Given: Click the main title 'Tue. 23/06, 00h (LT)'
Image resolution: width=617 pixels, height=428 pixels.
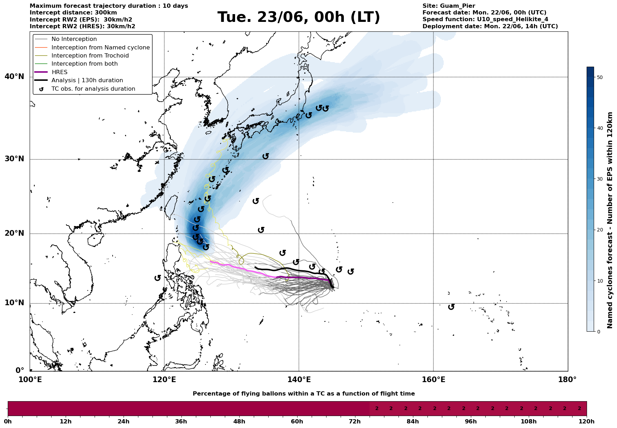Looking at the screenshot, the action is tap(299, 17).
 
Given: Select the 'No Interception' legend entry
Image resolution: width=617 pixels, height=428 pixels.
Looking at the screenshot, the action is tap(74, 39).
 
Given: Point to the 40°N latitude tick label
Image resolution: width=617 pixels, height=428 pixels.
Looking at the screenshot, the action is tap(14, 77).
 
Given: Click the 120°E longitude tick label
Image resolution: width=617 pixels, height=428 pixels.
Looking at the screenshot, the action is tap(164, 380).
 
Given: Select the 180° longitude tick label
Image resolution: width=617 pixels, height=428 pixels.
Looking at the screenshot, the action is tap(568, 380).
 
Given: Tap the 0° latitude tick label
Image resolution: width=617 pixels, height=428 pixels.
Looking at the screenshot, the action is tap(20, 370).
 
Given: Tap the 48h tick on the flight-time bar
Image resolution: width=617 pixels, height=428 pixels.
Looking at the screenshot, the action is tap(239, 422).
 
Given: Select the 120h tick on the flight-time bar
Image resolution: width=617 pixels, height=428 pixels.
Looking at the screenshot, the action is tap(587, 422).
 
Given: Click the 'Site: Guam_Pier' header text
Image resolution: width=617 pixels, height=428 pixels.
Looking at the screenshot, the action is tap(449, 6).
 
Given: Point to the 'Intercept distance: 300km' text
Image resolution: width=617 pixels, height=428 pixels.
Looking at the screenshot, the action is tap(73, 13).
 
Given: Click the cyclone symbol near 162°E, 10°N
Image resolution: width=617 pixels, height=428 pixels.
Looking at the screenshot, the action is tap(451, 307).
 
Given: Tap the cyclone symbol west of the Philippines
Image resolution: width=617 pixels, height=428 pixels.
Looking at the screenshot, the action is tap(158, 278).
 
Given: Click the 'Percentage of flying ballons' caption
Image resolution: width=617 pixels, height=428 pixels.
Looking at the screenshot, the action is tap(304, 394).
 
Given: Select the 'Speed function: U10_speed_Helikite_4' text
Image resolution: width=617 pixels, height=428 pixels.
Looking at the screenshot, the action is tap(485, 19).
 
